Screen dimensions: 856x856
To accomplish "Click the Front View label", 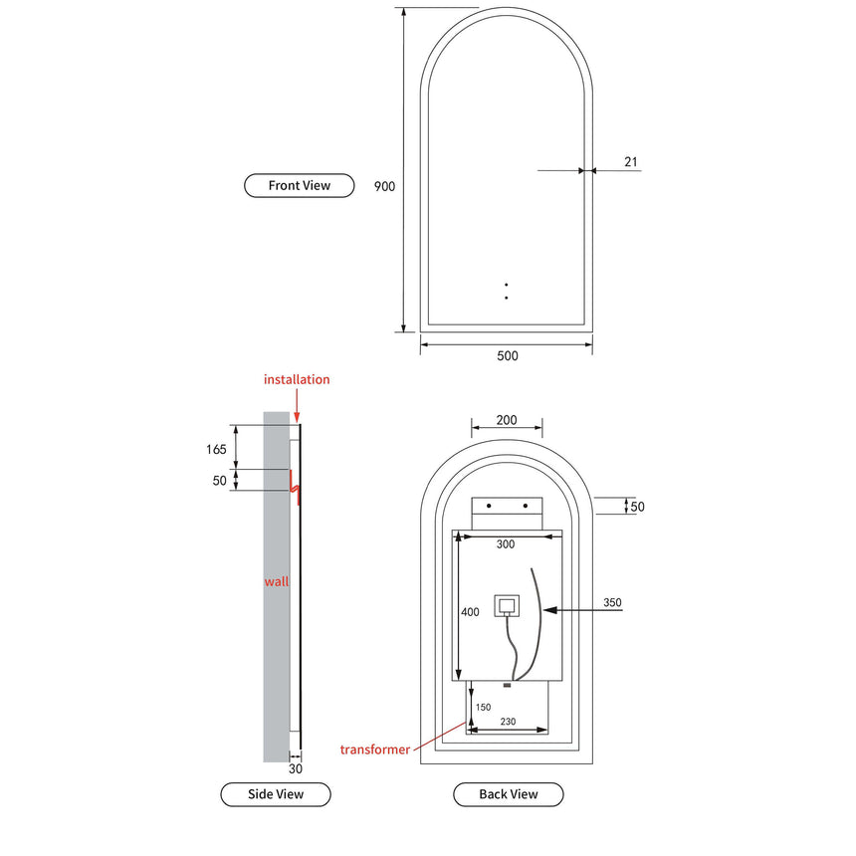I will tap(299, 185).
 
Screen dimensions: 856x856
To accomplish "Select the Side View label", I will tap(275, 794).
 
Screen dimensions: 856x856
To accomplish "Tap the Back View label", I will tap(508, 794).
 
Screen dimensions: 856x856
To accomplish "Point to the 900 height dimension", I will tap(384, 186).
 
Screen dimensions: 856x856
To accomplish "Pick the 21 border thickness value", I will tap(631, 161).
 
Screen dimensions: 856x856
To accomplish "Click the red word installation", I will tap(297, 379).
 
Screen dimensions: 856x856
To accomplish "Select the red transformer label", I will tap(374, 749).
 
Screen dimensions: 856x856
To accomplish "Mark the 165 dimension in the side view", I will tap(216, 450).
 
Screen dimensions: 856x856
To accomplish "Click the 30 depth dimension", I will tap(295, 768).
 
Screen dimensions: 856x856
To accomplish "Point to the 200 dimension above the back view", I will tap(506, 421).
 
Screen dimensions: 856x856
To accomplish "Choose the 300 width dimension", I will tap(507, 544).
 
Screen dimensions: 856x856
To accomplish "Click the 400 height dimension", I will tap(471, 611).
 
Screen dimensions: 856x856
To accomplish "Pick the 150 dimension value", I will tap(483, 708).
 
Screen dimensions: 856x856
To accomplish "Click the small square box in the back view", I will tap(507, 605).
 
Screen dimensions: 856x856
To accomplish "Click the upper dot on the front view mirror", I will tap(507, 285).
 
